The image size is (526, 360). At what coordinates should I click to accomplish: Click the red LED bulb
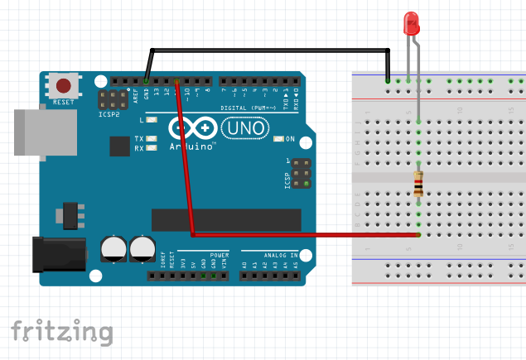pyautogui.click(x=411, y=23)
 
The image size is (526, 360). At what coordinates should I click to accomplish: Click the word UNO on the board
pyautogui.click(x=246, y=128)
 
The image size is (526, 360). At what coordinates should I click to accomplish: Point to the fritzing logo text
pyautogui.click(x=61, y=331)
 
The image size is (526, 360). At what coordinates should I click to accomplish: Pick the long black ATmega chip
pyautogui.click(x=225, y=219)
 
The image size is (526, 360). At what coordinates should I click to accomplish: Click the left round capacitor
pyautogui.click(x=113, y=248)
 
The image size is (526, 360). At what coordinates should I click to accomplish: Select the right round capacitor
pyautogui.click(x=142, y=248)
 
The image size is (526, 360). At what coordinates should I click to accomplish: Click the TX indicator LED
pyautogui.click(x=152, y=138)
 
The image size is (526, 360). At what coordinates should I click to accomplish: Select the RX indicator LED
pyautogui.click(x=152, y=148)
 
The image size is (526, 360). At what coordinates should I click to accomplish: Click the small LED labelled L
pyautogui.click(x=152, y=121)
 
